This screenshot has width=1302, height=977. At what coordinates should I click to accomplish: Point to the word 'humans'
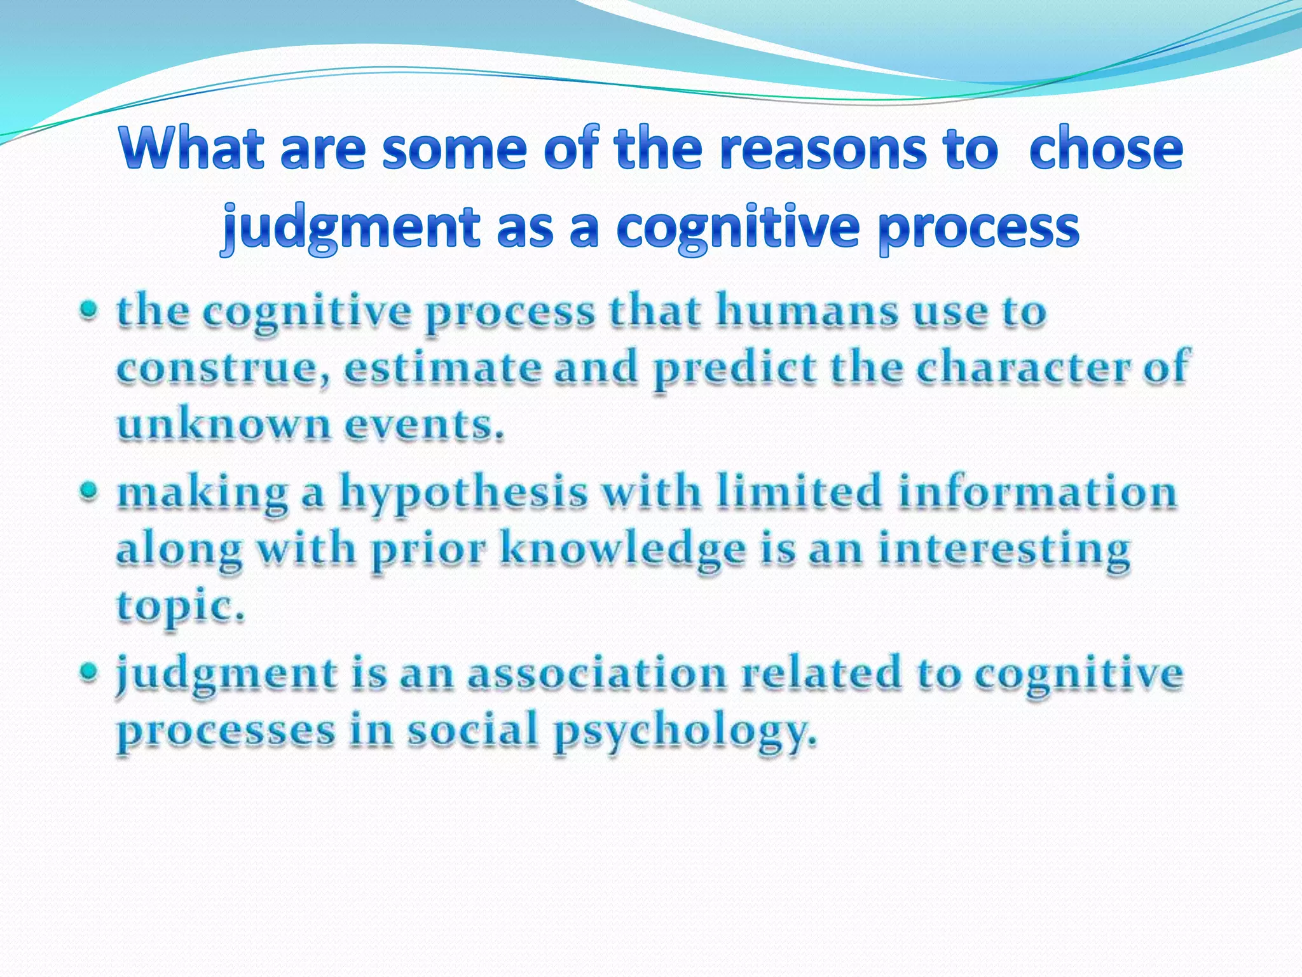click(807, 312)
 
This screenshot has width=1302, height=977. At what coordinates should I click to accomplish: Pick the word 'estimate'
click(442, 368)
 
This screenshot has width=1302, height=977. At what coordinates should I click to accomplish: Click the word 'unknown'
click(223, 424)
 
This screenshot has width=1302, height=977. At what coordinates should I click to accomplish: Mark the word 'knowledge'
click(622, 549)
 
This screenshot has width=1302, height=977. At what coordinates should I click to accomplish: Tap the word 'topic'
click(178, 607)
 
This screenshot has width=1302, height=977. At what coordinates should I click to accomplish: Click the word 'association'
click(597, 674)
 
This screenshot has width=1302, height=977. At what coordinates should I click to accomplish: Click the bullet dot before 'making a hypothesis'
click(90, 491)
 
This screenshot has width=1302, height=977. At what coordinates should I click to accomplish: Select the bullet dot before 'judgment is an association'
click(90, 672)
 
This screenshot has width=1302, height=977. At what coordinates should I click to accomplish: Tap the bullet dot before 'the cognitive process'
click(90, 310)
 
